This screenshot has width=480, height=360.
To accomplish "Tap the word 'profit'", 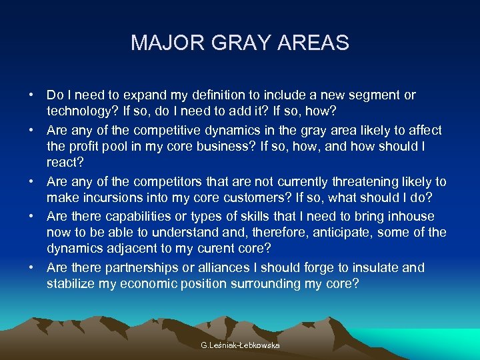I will click(x=83, y=147).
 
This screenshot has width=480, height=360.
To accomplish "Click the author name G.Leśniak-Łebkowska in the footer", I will click(x=240, y=345).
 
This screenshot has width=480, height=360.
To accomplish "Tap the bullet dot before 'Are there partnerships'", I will click(x=32, y=268).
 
